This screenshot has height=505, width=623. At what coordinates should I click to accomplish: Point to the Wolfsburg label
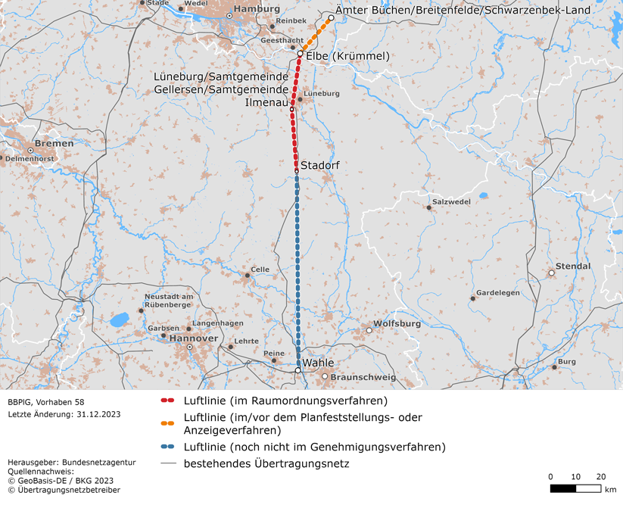click(397, 324)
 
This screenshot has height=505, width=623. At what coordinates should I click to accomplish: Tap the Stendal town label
click(573, 267)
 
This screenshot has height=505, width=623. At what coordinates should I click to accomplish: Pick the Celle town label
click(260, 269)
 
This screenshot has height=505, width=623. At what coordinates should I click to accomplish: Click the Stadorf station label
click(319, 164)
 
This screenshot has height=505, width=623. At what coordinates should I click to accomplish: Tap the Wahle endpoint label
click(318, 363)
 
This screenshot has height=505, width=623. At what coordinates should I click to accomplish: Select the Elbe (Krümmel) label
click(347, 56)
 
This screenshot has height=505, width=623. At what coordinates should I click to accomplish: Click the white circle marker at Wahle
click(298, 370)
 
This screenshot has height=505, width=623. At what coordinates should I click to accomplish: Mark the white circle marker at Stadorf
click(297, 171)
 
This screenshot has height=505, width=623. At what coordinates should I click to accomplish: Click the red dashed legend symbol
click(168, 401)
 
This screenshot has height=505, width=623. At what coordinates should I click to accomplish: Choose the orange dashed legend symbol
click(168, 417)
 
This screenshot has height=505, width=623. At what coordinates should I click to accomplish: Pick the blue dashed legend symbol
click(168, 447)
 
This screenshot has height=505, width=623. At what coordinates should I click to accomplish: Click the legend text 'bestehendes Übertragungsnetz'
click(266, 463)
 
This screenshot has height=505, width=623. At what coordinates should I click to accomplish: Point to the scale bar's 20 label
click(601, 476)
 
